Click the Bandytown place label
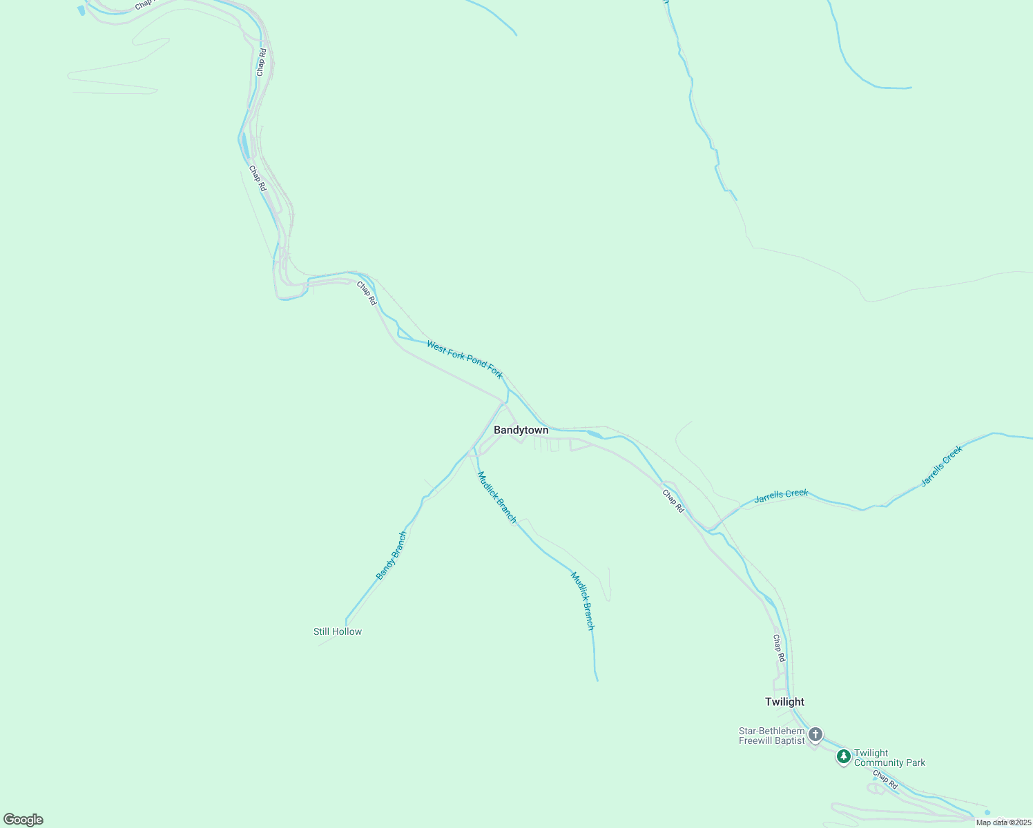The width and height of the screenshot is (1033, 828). click(521, 430)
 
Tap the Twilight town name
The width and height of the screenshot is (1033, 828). click(784, 702)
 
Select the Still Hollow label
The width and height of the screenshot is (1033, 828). click(337, 631)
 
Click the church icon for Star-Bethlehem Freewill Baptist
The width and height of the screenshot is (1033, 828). click(815, 734)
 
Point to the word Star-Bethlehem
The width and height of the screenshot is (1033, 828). click(771, 731)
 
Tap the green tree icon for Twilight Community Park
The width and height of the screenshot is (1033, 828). click(843, 756)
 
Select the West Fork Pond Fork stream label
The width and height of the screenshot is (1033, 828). click(465, 359)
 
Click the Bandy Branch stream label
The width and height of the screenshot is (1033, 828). click(391, 555)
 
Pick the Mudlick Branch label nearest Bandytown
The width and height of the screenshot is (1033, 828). click(497, 497)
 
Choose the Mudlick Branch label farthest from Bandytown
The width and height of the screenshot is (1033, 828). click(582, 601)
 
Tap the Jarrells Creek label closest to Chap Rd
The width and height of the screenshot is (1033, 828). click(781, 495)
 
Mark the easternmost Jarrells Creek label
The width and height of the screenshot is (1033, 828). click(941, 466)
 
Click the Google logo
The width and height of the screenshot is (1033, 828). click(23, 820)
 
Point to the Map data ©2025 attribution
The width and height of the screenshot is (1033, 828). click(1003, 822)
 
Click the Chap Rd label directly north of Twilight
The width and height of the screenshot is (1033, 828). click(778, 649)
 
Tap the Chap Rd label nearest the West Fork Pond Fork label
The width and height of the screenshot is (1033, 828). click(367, 293)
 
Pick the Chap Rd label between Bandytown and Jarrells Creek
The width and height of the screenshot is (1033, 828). click(673, 501)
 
